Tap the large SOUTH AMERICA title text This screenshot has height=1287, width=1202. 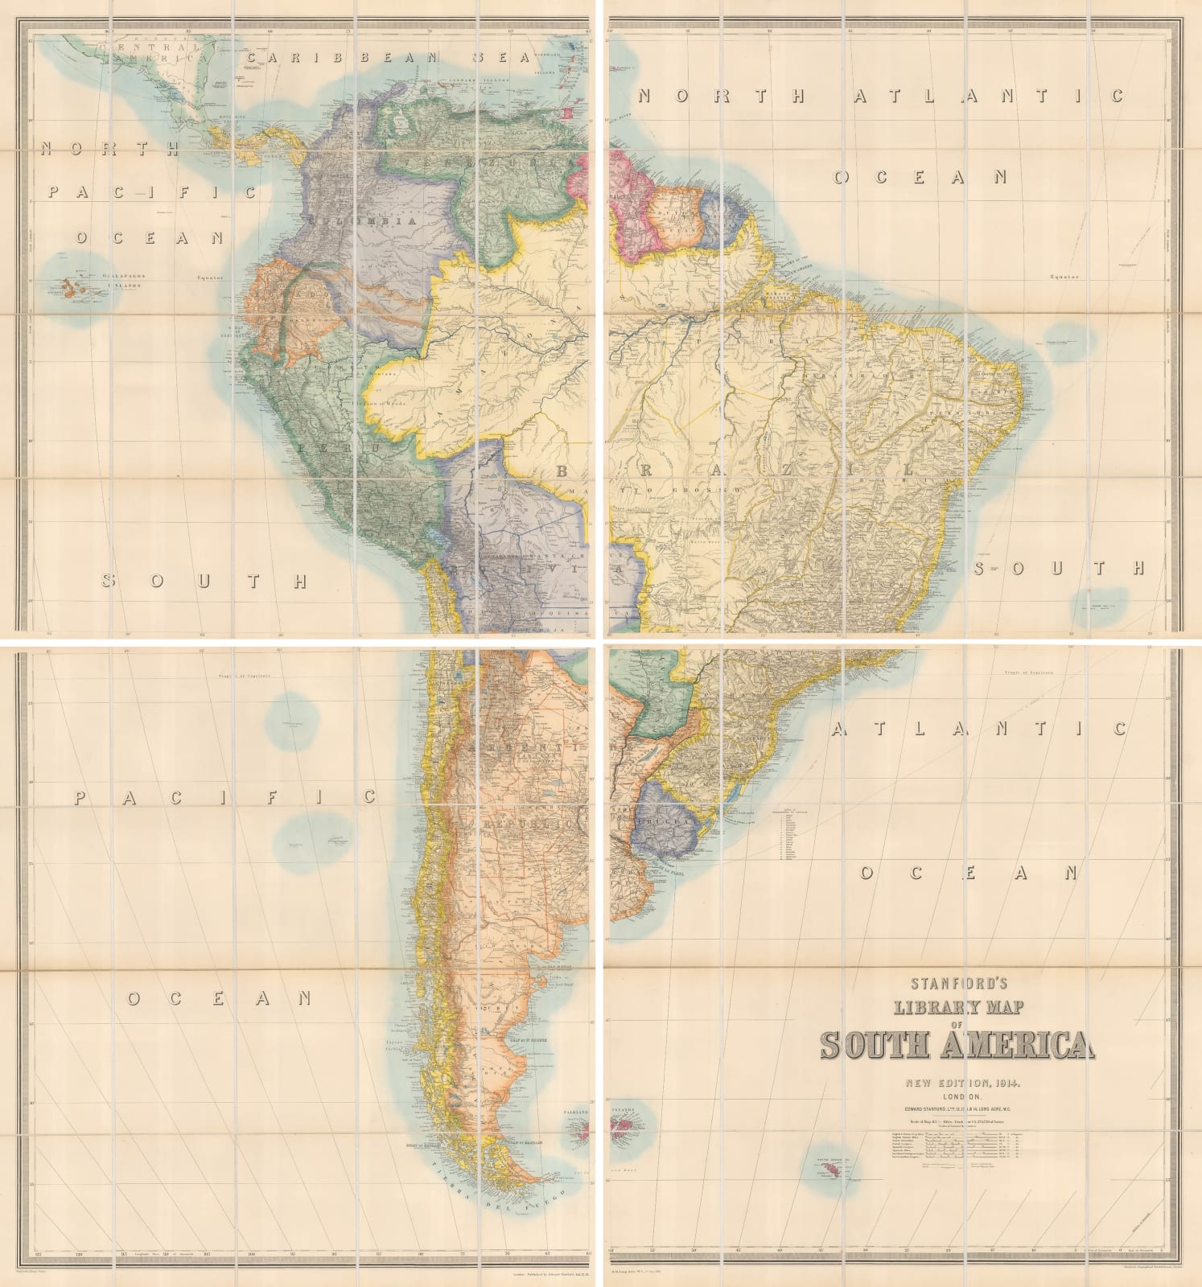click(957, 1045)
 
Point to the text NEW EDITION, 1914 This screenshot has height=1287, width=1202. click(957, 1082)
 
